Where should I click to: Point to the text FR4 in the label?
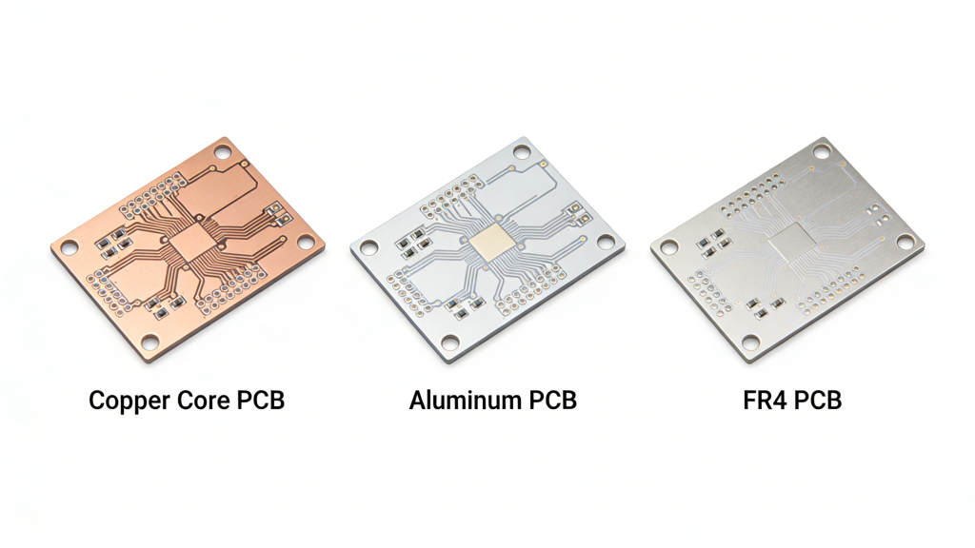pyautogui.click(x=765, y=401)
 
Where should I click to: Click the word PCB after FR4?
pyautogui.click(x=818, y=401)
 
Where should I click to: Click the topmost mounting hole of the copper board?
pyautogui.click(x=223, y=152)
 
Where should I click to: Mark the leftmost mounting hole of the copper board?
pyautogui.click(x=70, y=248)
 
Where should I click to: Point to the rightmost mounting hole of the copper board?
pyautogui.click(x=306, y=243)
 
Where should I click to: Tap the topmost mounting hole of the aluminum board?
pyautogui.click(x=523, y=152)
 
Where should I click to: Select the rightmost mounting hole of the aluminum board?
pyautogui.click(x=607, y=243)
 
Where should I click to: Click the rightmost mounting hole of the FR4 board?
pyautogui.click(x=905, y=243)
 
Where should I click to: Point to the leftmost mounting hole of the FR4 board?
pyautogui.click(x=669, y=248)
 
